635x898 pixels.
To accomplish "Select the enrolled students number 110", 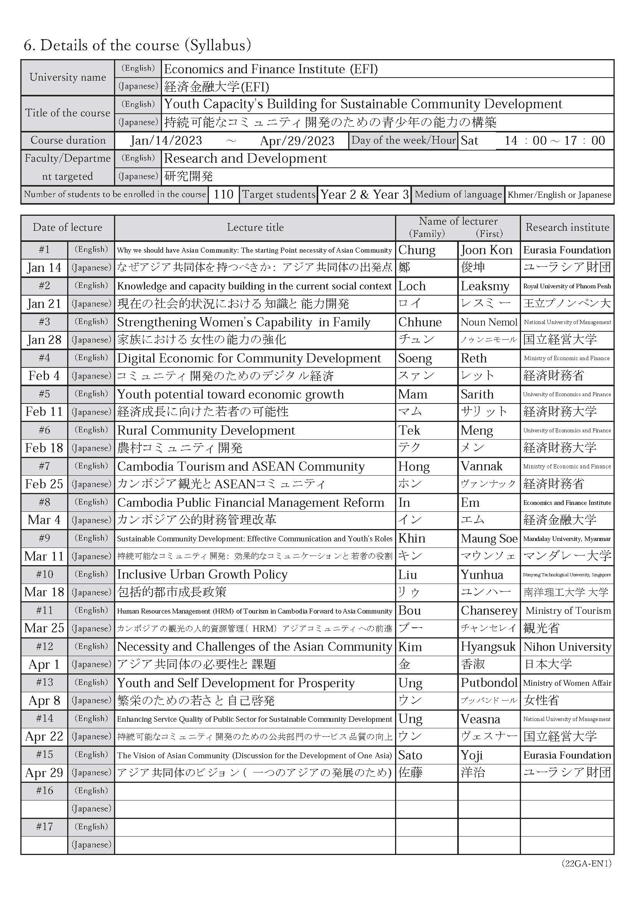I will click(x=223, y=194).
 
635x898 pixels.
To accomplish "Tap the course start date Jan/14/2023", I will click(x=166, y=141).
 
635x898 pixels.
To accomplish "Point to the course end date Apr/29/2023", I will click(x=297, y=141).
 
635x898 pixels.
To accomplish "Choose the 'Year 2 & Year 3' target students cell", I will click(x=364, y=194).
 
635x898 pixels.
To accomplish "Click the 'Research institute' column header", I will click(x=567, y=227).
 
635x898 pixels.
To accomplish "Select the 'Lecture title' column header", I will click(x=255, y=227).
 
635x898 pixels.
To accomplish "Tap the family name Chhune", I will click(x=420, y=322).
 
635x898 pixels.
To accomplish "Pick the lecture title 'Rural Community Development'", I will click(x=206, y=430).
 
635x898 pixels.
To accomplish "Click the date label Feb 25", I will click(x=44, y=484).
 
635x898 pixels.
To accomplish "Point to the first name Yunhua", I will click(x=482, y=575).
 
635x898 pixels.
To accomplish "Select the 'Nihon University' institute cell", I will click(x=567, y=647).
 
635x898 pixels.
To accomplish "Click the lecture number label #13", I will click(x=44, y=683).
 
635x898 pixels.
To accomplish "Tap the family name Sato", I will click(x=410, y=755).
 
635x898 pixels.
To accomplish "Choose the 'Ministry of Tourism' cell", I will click(x=568, y=610).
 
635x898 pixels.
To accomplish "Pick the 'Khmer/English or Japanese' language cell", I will click(x=559, y=195).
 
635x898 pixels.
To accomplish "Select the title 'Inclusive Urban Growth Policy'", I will click(x=202, y=575).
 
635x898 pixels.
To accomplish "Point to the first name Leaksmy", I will click(x=485, y=286).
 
